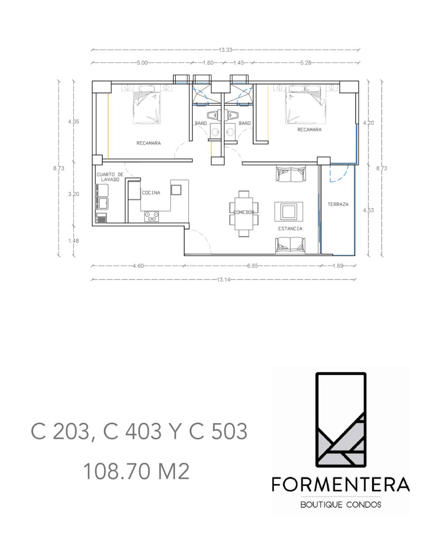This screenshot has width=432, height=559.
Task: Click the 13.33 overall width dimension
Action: pyautogui.click(x=225, y=50)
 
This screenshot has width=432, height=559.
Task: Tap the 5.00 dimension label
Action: pyautogui.click(x=142, y=63)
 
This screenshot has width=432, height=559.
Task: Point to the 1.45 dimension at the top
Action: pyautogui.click(x=238, y=63)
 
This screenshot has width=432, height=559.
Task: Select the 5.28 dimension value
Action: pyautogui.click(x=306, y=63)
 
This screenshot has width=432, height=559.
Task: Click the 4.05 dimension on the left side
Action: pyautogui.click(x=74, y=122)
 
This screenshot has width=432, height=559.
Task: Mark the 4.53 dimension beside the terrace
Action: pyautogui.click(x=368, y=210)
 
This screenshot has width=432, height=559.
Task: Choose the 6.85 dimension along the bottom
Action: pyautogui.click(x=252, y=266)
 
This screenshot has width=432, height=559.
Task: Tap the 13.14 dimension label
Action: pyautogui.click(x=223, y=279)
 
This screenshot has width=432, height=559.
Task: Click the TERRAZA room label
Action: pyautogui.click(x=338, y=205)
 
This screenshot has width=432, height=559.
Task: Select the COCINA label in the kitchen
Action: pyautogui.click(x=151, y=193)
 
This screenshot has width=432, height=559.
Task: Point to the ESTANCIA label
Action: pyautogui.click(x=290, y=229)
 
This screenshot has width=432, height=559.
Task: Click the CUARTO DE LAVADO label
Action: pyautogui.click(x=110, y=177)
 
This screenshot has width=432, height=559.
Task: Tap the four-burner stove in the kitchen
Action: pyautogui.click(x=151, y=216)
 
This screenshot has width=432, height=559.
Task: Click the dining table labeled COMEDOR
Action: pyautogui.click(x=244, y=213)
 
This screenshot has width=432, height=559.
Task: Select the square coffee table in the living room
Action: pyautogui.click(x=289, y=212)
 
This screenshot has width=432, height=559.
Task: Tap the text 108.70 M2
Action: pyautogui.click(x=137, y=471)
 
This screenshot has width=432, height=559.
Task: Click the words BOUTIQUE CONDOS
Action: pyautogui.click(x=341, y=505)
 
